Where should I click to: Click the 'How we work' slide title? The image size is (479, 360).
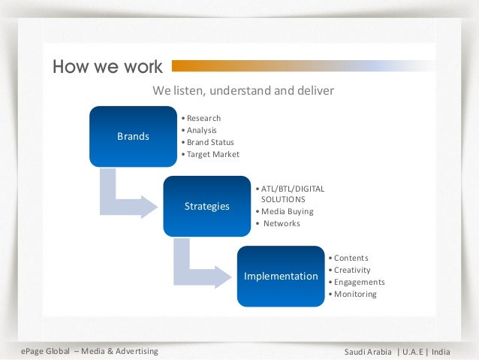click(107, 67)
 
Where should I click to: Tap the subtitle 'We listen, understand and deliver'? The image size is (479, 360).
click(243, 91)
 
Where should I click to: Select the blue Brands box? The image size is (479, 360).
click(133, 136)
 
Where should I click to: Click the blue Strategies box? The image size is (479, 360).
click(206, 206)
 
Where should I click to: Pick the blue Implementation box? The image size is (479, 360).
click(281, 276)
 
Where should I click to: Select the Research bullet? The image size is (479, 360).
click(203, 118)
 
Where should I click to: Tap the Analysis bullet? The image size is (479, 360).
click(201, 130)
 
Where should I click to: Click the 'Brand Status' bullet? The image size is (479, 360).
click(210, 142)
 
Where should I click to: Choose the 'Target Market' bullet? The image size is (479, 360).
click(212, 154)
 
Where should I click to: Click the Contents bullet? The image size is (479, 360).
click(351, 258)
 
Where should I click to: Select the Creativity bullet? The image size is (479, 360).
click(352, 270)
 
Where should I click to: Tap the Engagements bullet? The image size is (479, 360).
click(359, 282)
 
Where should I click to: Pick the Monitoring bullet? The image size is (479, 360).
click(355, 294)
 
